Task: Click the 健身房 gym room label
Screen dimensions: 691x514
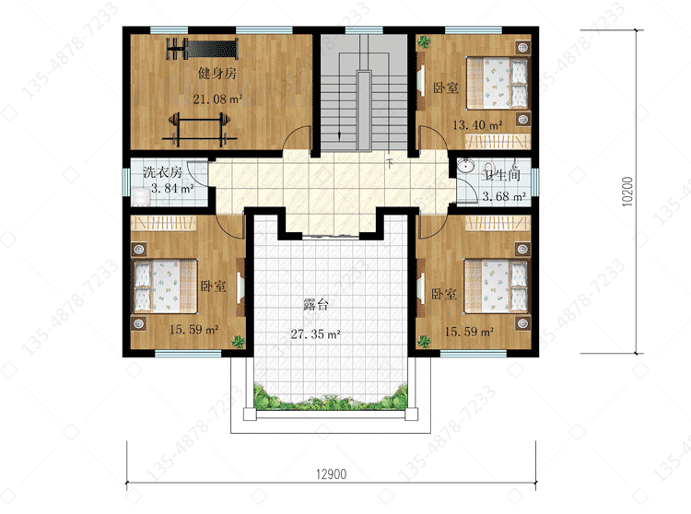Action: [217, 73]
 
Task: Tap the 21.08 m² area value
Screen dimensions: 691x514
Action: [217, 99]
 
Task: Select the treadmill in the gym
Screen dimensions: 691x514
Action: [203, 49]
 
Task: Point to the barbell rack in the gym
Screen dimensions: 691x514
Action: [200, 130]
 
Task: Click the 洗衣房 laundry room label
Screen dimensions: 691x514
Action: [162, 171]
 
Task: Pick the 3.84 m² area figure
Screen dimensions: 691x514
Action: [172, 189]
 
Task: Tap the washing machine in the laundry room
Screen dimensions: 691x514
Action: [141, 197]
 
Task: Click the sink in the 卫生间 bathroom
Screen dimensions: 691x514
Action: [465, 166]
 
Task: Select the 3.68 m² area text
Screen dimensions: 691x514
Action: [504, 196]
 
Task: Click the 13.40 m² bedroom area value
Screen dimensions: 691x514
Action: [477, 125]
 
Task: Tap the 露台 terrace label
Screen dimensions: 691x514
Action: [316, 304]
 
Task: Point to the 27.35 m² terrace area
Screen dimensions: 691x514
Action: [315, 334]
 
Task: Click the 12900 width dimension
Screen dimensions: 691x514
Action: [332, 473]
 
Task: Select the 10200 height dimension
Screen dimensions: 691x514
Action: [627, 192]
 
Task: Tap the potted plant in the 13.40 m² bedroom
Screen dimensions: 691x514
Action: [424, 41]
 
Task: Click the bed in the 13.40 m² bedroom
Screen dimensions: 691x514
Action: [498, 83]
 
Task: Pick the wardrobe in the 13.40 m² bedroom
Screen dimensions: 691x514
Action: [498, 141]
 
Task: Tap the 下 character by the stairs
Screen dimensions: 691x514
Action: [390, 163]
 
